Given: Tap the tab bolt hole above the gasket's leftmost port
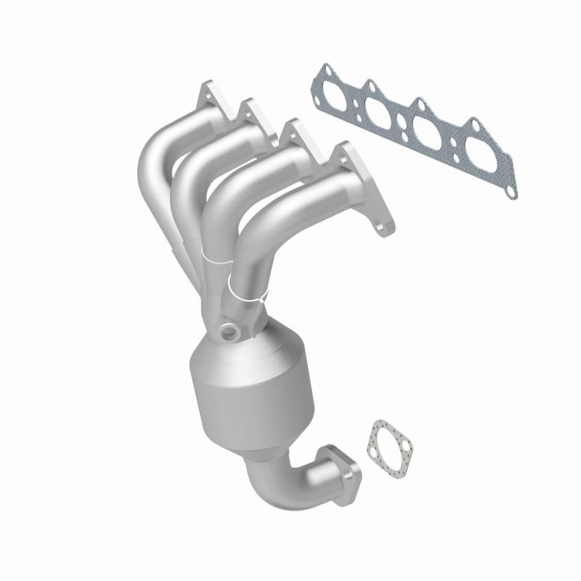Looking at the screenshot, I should point(326,70).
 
